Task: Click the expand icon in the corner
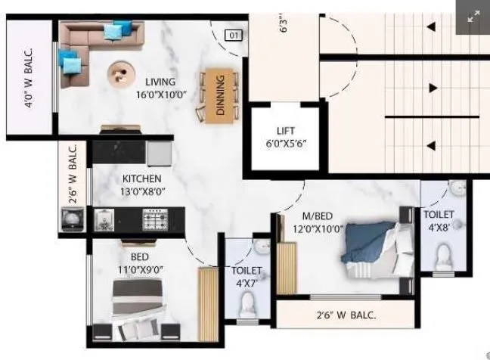tap(474, 16)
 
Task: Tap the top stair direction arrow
tap(431, 28)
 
